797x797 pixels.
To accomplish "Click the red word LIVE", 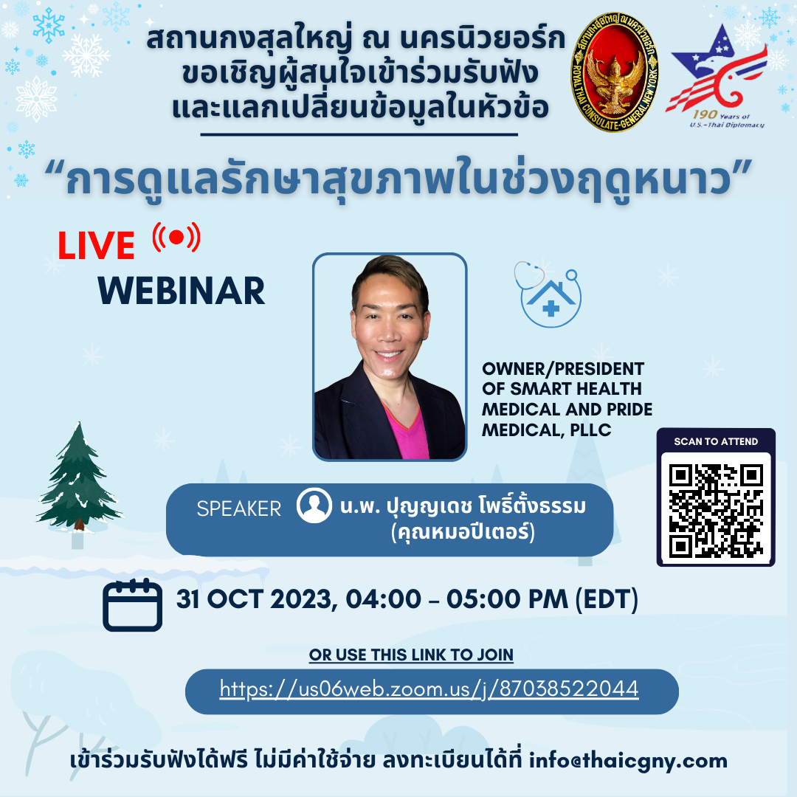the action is [95, 246].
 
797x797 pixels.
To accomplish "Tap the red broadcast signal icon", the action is [176, 237].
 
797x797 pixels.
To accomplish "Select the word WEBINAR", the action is [182, 291].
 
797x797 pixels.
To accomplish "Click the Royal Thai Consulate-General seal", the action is [614, 72].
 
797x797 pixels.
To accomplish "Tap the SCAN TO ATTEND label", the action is [716, 442].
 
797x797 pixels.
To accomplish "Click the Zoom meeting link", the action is [429, 689].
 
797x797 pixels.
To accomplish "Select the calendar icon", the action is [133, 605].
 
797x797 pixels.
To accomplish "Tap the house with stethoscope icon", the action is [548, 294].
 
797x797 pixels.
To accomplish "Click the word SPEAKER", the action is [239, 508].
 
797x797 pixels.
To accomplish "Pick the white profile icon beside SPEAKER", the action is [314, 506].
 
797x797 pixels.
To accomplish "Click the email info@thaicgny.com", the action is [628, 761].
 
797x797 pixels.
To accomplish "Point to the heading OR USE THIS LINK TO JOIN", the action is [411, 655].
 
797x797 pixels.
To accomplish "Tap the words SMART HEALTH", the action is [576, 389].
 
